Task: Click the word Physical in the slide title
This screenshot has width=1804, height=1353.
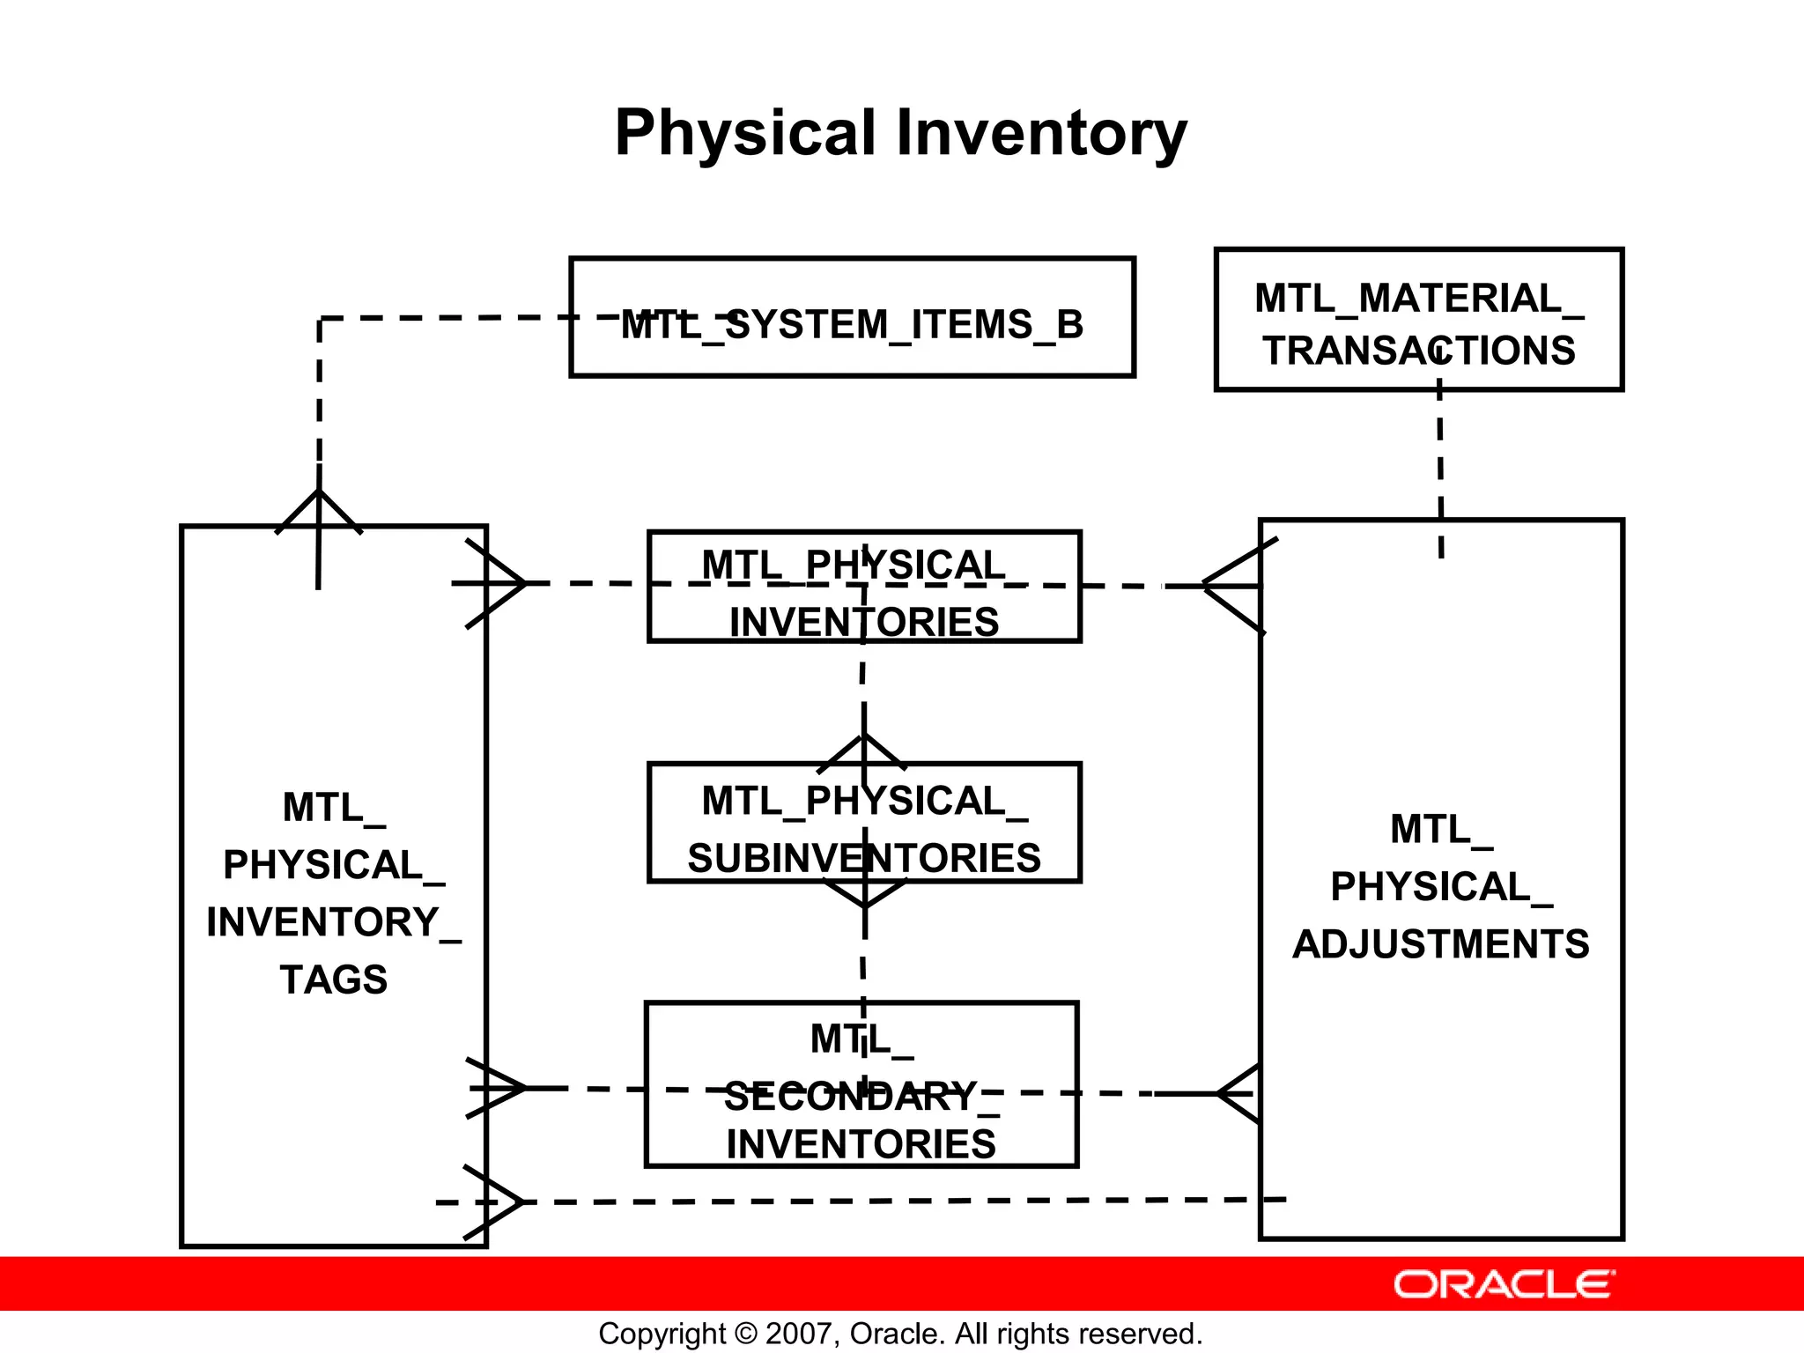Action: coord(744,134)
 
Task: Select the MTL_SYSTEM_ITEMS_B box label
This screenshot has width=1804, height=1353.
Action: coord(852,324)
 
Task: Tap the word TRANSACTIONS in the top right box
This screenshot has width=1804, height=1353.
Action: coord(1418,351)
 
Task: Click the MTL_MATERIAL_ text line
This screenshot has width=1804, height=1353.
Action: coord(1418,299)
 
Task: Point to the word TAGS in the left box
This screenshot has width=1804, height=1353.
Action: coord(333,980)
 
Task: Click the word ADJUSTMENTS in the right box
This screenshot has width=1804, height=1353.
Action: coord(1440,944)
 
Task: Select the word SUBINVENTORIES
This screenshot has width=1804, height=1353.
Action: coord(863,858)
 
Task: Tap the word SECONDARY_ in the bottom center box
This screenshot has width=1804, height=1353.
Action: coord(861,1098)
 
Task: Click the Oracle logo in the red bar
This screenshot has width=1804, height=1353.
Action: coord(1504,1284)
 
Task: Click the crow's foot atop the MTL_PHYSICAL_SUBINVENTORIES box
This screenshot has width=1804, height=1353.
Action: coord(863,754)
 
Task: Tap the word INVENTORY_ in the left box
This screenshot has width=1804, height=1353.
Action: coord(333,922)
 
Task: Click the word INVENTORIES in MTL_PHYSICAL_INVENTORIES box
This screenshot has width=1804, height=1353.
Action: coord(863,622)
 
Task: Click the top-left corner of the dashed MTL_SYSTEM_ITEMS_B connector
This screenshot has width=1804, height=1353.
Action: coord(320,319)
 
